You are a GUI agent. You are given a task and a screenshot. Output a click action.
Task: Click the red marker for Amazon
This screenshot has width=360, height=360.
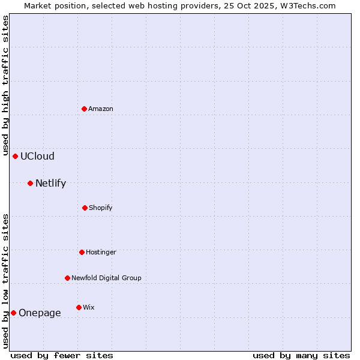coord(84,109)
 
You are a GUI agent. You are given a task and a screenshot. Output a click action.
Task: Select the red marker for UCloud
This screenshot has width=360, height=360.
coord(15,156)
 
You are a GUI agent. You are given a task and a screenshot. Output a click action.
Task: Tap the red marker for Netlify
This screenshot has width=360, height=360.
coord(30,183)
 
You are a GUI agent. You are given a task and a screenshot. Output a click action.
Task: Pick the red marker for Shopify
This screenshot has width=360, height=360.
coord(85,208)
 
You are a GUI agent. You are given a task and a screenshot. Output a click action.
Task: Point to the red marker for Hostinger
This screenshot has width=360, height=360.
coord(82,252)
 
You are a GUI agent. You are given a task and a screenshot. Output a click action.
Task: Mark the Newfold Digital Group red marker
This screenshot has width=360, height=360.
coord(67,278)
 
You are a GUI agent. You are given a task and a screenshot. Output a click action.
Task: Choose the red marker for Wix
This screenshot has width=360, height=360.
coord(79,307)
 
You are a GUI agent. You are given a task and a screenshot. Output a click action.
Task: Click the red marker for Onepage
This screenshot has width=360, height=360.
coord(13,313)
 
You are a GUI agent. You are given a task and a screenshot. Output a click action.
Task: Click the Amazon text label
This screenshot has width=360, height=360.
coord(101,109)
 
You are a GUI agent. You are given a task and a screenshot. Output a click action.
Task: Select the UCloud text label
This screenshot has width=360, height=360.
coord(37,156)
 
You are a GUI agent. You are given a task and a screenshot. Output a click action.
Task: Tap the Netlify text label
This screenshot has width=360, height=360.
coord(50,183)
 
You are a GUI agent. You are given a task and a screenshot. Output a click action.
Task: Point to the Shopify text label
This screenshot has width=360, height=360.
coord(101,208)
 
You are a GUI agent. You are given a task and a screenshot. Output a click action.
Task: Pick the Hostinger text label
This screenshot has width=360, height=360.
coord(101,252)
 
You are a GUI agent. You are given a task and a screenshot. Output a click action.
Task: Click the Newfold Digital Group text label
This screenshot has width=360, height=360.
coord(106,278)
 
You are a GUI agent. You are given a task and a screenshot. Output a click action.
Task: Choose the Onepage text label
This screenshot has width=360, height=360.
coord(40,313)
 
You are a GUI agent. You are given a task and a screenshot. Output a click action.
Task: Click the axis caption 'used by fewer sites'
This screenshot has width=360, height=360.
coord(62,355)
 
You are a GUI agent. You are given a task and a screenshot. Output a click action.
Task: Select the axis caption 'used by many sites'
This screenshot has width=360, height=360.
coord(301,355)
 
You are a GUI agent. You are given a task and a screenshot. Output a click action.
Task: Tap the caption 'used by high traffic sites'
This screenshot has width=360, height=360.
coord(5,85)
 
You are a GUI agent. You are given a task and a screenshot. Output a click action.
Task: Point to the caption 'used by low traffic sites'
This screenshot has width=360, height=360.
coord(5,280)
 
